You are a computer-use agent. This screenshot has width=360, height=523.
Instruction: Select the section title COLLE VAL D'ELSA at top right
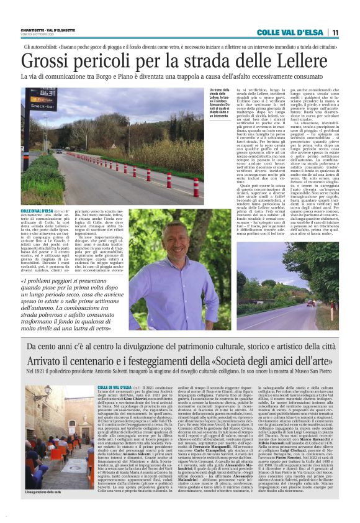[x=291, y=32]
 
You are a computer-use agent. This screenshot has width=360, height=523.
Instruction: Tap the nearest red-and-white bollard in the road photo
[x=195, y=187]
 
